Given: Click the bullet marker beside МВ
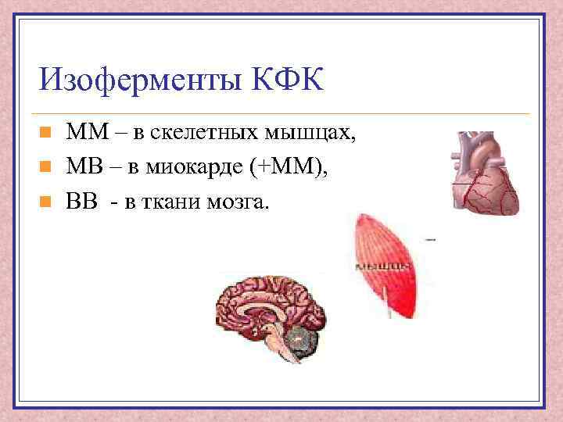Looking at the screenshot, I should (46, 166).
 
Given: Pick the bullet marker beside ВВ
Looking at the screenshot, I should (46, 202).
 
